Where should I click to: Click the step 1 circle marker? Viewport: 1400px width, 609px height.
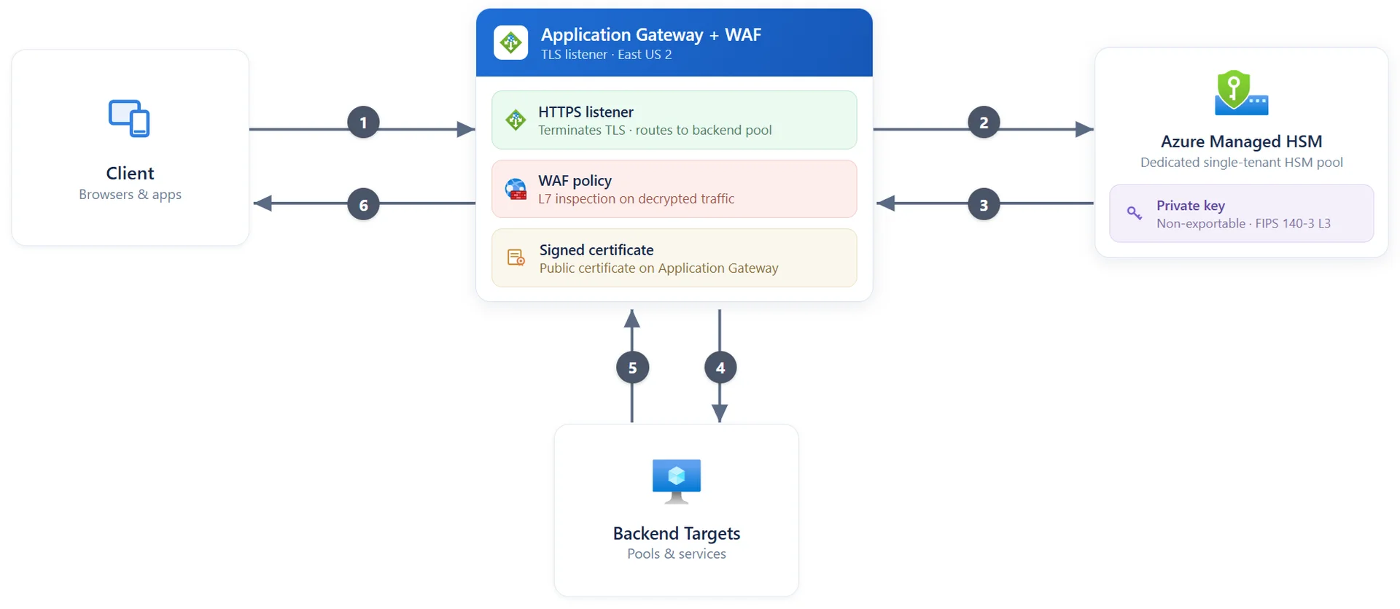click(x=363, y=123)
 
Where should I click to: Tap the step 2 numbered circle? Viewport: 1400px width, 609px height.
click(x=984, y=123)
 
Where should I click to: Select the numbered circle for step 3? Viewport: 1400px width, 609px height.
click(x=984, y=205)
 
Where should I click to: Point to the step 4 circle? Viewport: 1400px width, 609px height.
click(x=720, y=368)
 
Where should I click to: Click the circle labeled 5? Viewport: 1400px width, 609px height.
click(x=632, y=368)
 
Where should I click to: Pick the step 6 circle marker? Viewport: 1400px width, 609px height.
click(x=363, y=205)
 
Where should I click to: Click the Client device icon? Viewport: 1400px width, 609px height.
click(x=129, y=118)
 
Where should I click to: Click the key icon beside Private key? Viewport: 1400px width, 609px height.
click(x=1135, y=213)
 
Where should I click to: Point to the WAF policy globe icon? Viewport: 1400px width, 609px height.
click(x=516, y=189)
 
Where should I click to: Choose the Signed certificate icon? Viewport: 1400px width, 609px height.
click(x=516, y=257)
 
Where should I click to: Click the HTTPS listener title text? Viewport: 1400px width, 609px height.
click(x=586, y=112)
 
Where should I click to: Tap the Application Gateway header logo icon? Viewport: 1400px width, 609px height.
click(x=510, y=42)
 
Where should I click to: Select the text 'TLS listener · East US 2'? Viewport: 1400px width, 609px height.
click(x=606, y=55)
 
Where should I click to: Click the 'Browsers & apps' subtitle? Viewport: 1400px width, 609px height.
click(x=130, y=195)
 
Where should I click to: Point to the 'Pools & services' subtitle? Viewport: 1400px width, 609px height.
click(x=677, y=554)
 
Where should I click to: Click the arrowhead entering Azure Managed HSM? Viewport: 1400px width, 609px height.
click(x=1085, y=129)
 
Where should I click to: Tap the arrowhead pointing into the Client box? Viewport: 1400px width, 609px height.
click(x=262, y=203)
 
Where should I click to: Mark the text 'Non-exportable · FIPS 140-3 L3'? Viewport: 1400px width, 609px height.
click(x=1243, y=223)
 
